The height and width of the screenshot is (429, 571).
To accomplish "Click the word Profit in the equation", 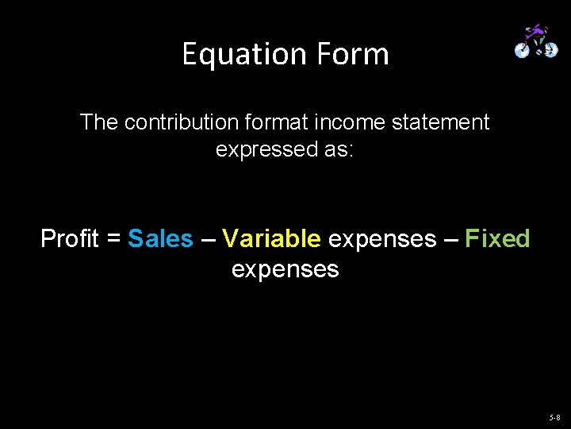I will tap(69, 238).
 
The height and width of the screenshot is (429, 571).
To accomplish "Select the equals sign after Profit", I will tap(113, 238).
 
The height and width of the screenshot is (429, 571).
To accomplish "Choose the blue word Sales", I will tap(160, 238).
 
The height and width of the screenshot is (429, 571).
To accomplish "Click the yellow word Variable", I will tap(271, 238).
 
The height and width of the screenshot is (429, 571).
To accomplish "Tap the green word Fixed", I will tap(497, 238).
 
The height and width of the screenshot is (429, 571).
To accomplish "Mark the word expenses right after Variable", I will tap(381, 238).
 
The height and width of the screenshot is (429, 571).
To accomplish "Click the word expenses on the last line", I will tap(285, 269).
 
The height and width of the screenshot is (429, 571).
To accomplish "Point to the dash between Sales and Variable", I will tap(207, 238).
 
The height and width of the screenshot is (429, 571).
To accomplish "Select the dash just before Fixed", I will tap(450, 238).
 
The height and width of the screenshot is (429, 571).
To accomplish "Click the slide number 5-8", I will tap(554, 417).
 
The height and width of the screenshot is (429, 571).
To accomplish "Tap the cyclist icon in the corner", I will tap(536, 41).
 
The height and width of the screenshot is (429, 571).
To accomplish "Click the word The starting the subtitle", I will tap(99, 122).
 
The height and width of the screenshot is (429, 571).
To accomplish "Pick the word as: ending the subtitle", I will tap(339, 149).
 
